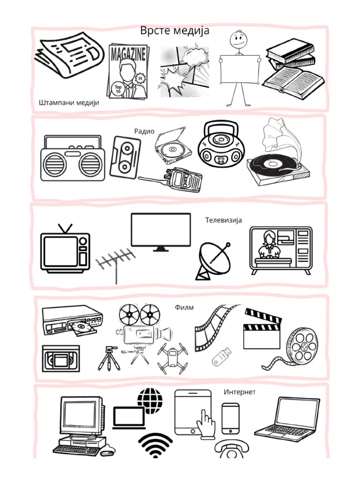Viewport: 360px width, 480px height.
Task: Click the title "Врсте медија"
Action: (175, 30)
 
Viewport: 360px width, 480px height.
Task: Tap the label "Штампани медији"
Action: (69, 103)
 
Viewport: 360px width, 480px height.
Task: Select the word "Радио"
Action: (144, 131)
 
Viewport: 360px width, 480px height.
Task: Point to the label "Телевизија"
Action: (224, 220)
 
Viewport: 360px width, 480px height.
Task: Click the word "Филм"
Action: (184, 307)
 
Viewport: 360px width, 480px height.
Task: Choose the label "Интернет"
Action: (240, 392)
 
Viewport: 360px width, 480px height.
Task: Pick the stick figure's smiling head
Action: (238, 39)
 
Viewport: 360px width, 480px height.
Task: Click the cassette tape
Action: (125, 157)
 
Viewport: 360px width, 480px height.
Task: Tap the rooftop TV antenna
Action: (116, 262)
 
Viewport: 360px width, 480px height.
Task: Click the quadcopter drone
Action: (172, 358)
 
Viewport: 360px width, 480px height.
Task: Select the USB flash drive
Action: (221, 357)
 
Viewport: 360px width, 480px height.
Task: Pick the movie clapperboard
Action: (262, 329)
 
